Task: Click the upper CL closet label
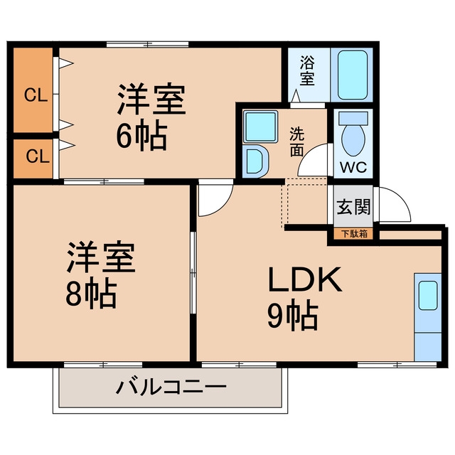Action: (36, 95)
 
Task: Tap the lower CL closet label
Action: (38, 156)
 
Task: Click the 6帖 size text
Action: (142, 136)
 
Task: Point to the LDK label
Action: (305, 279)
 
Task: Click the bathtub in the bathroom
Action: (353, 75)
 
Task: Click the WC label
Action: (353, 168)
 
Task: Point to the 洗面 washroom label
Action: (297, 141)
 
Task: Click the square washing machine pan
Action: (260, 127)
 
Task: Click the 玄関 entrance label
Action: (353, 207)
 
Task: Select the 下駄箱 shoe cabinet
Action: (354, 234)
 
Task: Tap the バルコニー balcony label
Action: (171, 387)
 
